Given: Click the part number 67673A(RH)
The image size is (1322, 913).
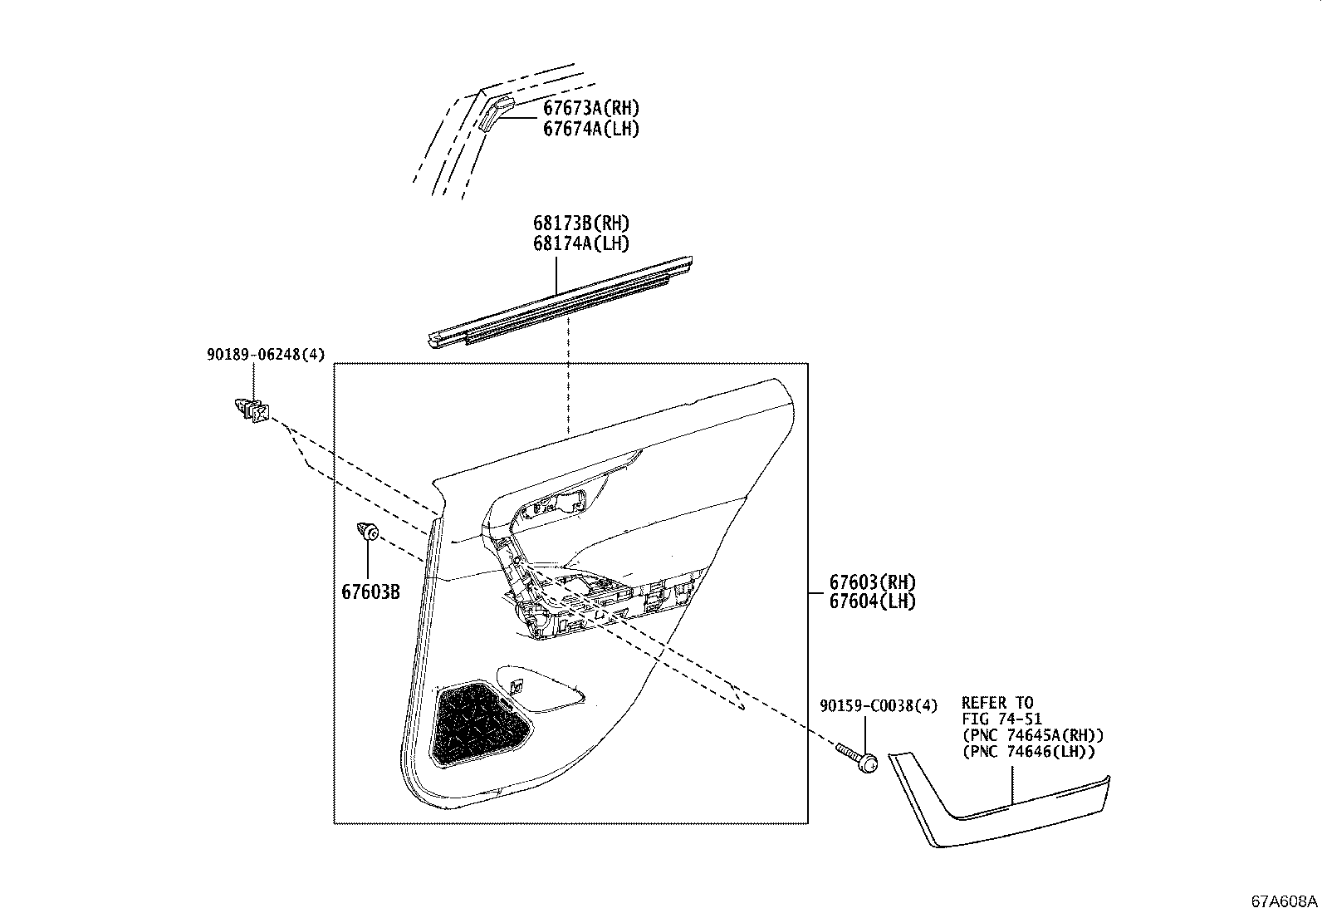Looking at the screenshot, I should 591,108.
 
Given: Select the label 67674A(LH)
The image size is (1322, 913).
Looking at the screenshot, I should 591,129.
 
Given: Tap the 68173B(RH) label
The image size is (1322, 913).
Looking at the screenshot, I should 581,223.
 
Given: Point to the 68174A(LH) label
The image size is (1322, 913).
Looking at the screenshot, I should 581,243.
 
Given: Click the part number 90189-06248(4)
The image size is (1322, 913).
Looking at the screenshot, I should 266,355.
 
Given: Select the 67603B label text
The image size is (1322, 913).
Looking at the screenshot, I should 370,591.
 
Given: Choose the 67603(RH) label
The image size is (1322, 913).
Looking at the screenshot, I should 872,582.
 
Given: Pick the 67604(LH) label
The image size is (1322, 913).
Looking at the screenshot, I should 872,601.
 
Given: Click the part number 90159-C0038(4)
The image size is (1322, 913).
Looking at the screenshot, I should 879,705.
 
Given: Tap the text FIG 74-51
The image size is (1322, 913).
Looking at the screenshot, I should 1001,719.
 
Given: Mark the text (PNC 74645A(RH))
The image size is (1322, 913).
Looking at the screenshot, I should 1032,735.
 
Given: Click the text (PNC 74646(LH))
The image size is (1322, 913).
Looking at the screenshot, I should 1028,752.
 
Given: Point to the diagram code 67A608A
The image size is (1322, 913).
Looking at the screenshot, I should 1285,901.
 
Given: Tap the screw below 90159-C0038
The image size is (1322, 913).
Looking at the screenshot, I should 859,758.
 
